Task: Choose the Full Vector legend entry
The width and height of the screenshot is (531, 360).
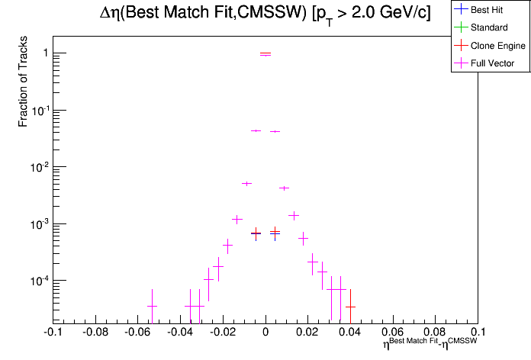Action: (x=493, y=63)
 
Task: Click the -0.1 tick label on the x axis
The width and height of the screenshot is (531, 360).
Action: (x=53, y=333)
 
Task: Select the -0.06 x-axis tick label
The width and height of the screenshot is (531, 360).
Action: (x=137, y=333)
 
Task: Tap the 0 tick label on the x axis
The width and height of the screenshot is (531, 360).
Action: (x=265, y=333)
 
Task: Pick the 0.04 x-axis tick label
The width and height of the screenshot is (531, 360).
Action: (x=350, y=333)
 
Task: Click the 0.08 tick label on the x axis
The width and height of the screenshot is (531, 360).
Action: (x=436, y=333)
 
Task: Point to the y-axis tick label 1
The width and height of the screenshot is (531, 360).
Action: (x=45, y=53)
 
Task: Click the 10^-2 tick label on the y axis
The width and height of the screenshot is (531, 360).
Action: (x=38, y=167)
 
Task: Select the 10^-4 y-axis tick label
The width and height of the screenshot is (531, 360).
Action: (x=38, y=281)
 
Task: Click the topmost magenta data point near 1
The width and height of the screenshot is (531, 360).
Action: (x=265, y=54)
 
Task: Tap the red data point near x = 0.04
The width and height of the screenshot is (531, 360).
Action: (x=350, y=307)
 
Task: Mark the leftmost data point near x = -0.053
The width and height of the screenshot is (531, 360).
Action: (x=152, y=306)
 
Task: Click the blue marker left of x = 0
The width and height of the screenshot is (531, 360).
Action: (x=256, y=233)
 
